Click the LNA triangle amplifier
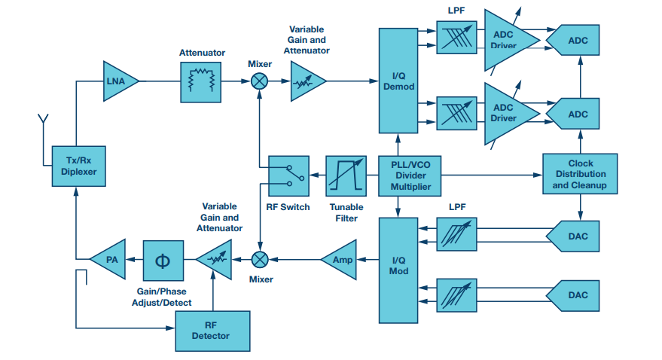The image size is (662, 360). coord(119,81)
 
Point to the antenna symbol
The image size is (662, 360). coord(43,121)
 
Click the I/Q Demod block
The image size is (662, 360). coord(398,81)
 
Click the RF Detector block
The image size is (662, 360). coord(212,331)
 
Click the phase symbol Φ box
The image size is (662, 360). coord(163,261)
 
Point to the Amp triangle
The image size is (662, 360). coord(338,260)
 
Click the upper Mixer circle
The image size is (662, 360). coord(260,81)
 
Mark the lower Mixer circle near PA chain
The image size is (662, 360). coord(260,260)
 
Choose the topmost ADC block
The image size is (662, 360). coord(575,41)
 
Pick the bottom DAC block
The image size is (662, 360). coord(576,294)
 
